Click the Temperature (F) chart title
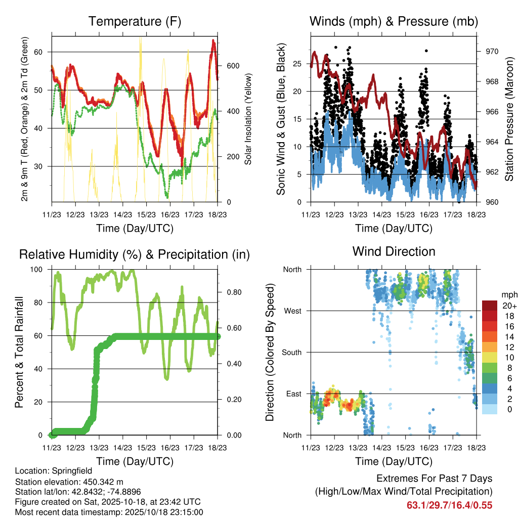(135, 22)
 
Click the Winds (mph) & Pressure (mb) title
(394, 22)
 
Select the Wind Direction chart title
(394, 251)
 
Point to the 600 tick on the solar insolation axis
(232, 66)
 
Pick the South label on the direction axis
(291, 353)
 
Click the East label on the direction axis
(292, 394)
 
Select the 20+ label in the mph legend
(509, 306)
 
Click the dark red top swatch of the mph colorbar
(490, 306)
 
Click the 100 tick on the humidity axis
(40, 270)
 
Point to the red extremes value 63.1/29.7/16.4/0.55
(449, 505)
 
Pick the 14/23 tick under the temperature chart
(122, 214)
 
